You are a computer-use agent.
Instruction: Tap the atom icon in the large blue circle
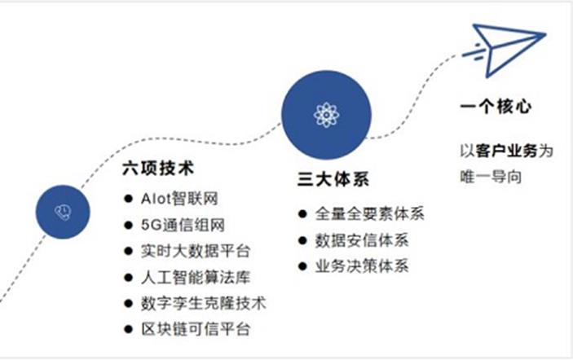tap(326, 115)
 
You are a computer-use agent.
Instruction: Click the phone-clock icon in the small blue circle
tap(63, 212)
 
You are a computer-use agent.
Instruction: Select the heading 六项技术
tap(158, 169)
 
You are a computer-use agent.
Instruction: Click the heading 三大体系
tap(333, 179)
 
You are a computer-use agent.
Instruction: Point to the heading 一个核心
tap(496, 107)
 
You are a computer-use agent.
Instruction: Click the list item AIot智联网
tap(179, 199)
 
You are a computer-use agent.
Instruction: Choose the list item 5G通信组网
tap(183, 226)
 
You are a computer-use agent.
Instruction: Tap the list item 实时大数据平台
tap(196, 251)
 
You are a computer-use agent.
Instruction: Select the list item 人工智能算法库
tap(196, 278)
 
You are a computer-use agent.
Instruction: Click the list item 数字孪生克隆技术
tap(204, 304)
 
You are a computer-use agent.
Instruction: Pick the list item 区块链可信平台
tap(196, 329)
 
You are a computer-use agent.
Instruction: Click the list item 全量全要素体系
tap(369, 214)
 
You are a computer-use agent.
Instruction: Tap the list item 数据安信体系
tap(362, 240)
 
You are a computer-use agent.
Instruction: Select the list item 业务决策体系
tap(362, 266)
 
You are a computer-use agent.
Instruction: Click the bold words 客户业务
tap(506, 151)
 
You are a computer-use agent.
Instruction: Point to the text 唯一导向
tap(491, 177)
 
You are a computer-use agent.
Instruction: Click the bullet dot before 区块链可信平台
tap(128, 329)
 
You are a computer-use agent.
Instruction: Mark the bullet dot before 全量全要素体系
tap(302, 214)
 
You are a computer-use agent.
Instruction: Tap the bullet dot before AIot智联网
tap(128, 199)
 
